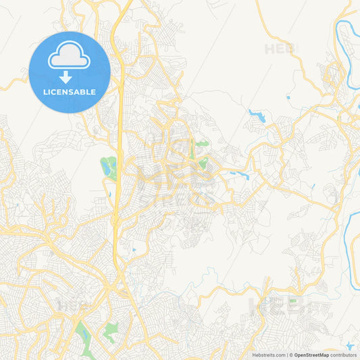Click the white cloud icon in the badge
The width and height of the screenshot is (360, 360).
[69, 59]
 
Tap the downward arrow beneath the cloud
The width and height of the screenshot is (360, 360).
[69, 78]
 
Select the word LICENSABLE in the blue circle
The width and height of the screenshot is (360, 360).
[70, 92]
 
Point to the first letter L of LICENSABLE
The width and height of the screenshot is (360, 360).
[45, 92]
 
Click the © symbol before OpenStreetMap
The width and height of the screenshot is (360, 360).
[290, 355]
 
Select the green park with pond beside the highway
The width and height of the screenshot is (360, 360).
[108, 166]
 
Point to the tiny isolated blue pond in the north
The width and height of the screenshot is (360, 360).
[288, 98]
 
